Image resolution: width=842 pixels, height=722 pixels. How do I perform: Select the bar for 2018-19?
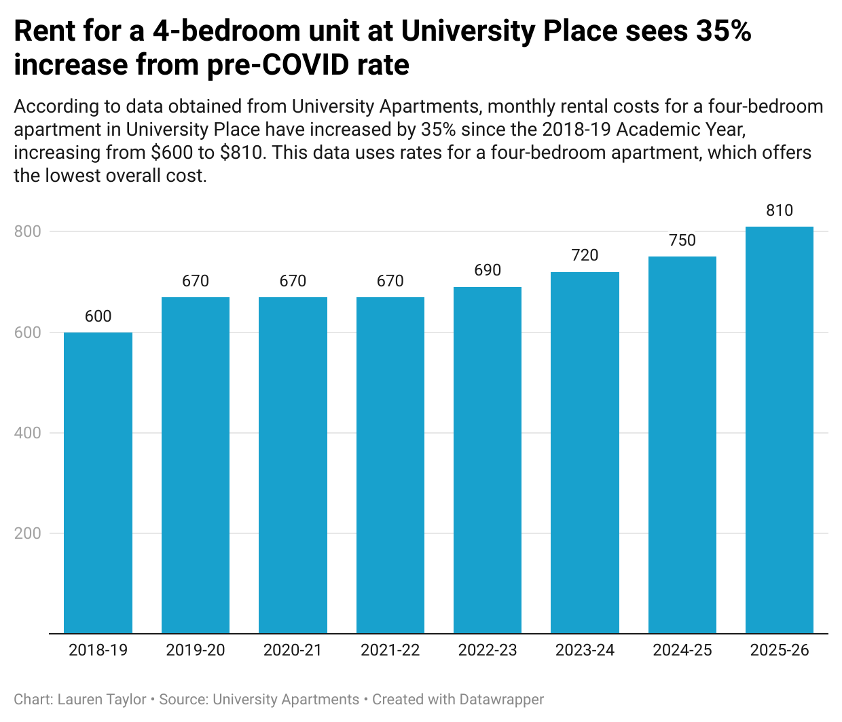pos(98,482)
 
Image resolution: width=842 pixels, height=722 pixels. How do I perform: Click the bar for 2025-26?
pos(780,430)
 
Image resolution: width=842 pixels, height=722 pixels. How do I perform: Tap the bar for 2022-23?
pos(488,460)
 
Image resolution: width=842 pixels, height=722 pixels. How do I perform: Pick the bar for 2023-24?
pos(585,453)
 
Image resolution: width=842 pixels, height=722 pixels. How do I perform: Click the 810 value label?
pos(780,210)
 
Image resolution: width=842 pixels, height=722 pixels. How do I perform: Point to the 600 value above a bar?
pos(98,316)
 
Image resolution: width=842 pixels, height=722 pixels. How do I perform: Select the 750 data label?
pos(682,240)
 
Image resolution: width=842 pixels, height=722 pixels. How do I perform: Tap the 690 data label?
pos(488,270)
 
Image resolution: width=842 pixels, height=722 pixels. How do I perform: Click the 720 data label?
pos(585,255)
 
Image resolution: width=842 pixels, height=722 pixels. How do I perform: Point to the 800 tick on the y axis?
pos(28,231)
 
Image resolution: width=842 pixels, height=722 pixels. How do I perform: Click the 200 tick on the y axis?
pos(28,533)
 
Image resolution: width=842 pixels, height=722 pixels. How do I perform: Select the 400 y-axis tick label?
pos(28,433)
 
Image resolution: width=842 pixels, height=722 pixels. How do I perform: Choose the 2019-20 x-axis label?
pos(196,650)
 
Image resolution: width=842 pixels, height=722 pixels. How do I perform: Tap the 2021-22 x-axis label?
pos(390,650)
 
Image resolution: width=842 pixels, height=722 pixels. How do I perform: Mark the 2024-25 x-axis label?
pos(682,650)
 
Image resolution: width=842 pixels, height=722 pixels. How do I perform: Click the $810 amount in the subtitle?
pos(242,152)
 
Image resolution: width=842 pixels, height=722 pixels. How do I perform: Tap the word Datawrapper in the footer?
pos(502,700)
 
